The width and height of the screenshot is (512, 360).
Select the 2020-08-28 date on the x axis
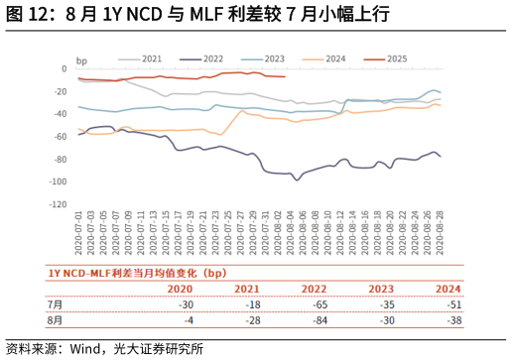pos(440,234)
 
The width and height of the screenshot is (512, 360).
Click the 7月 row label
pos(56,305)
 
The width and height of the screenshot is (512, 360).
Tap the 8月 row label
pos(56,321)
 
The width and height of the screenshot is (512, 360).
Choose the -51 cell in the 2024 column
pos(448,305)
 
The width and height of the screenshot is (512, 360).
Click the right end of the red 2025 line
pos(286,76)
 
